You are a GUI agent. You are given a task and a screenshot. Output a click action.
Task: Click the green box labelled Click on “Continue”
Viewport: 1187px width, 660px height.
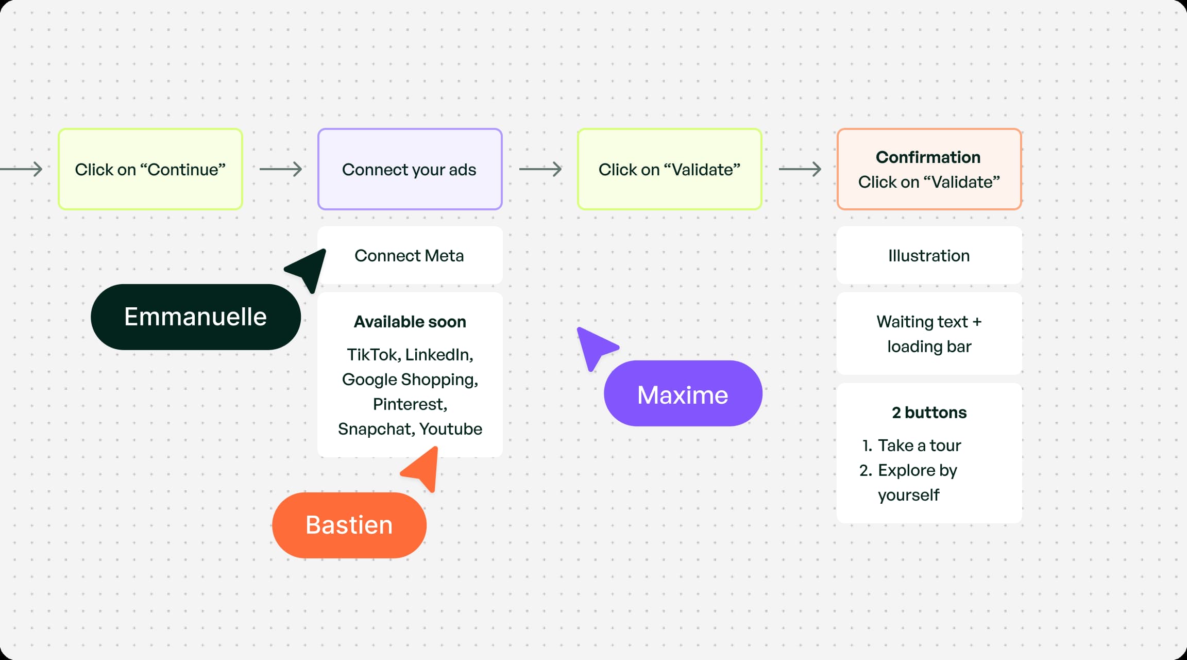click(150, 169)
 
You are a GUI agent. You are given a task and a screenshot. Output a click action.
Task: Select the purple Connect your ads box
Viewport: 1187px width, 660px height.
click(410, 169)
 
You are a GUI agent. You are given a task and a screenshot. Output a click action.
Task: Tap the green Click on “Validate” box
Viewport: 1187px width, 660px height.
click(669, 169)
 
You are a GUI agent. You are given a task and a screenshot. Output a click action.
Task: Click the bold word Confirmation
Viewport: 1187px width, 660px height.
click(928, 157)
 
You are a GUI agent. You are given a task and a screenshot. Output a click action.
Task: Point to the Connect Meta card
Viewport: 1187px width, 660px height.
click(410, 256)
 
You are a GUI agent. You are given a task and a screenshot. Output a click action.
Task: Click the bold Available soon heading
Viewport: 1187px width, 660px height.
click(410, 322)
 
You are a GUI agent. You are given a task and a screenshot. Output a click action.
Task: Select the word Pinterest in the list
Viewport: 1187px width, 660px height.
click(410, 404)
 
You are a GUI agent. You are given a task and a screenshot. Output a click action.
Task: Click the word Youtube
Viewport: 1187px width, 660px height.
click(450, 429)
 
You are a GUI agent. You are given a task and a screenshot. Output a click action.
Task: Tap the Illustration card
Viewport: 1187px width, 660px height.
click(929, 256)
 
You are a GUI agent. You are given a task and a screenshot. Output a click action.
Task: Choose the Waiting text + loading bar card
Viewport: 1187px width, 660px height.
click(929, 334)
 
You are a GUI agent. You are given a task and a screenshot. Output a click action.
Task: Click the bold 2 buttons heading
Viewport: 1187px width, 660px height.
click(929, 412)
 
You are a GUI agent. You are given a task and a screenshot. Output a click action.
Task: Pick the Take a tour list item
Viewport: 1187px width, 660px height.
click(919, 445)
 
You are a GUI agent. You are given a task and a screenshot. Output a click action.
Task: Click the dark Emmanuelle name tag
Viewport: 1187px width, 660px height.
click(195, 317)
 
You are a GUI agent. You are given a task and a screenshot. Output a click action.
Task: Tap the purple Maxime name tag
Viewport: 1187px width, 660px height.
click(683, 394)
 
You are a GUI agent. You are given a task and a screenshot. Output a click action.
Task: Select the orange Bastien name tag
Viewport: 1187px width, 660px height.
click(349, 525)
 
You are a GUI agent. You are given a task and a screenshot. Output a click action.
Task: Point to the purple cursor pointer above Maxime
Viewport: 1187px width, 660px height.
click(595, 347)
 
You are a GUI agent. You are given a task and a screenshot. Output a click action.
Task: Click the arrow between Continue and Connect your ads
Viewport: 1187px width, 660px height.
click(281, 169)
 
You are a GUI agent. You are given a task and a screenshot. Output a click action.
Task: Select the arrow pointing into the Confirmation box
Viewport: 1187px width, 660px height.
click(800, 169)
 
